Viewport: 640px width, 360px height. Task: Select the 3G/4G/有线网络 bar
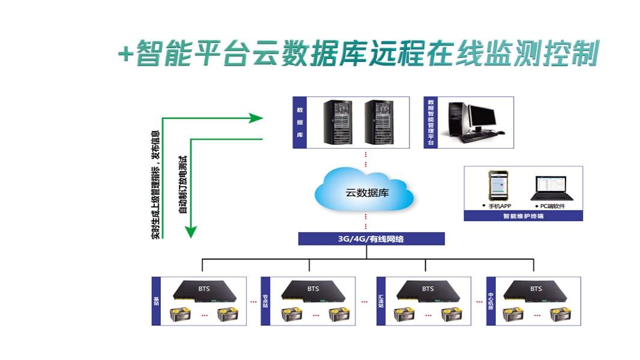[x=371, y=239]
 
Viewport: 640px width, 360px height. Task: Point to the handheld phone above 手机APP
[x=496, y=186]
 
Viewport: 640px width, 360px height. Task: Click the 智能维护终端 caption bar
[x=523, y=217]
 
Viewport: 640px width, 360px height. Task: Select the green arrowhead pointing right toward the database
[x=256, y=118]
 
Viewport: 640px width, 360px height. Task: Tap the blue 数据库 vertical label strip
[x=299, y=123]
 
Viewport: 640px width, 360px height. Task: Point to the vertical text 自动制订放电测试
[x=182, y=183]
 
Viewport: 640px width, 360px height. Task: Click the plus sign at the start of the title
[x=125, y=55]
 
